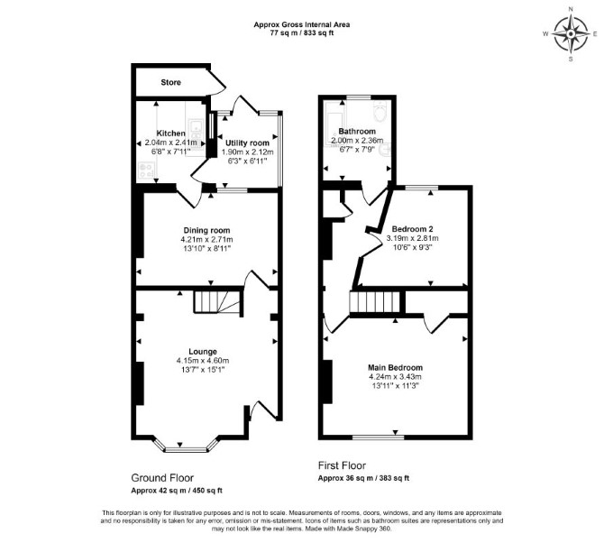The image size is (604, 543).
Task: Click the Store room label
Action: [x=170, y=82]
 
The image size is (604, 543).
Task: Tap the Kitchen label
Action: [x=170, y=133]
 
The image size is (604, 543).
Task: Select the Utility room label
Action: [x=247, y=143]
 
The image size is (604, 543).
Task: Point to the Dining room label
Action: [x=206, y=230]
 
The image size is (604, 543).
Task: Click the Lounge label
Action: [x=203, y=352]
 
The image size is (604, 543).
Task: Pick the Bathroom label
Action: [x=357, y=131]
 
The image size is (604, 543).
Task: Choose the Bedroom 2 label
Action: [x=413, y=229]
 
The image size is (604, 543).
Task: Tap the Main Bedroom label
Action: [x=395, y=367]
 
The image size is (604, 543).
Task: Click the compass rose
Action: [x=571, y=34]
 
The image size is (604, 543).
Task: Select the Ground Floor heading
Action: [x=162, y=478]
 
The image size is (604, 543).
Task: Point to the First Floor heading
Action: [x=342, y=465]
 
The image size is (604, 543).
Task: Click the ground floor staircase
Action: [x=217, y=301]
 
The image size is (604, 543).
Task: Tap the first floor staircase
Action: [x=375, y=303]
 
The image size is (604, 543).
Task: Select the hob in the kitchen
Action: [x=146, y=170]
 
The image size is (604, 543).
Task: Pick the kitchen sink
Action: [x=195, y=126]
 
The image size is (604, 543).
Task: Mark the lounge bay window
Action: [x=186, y=447]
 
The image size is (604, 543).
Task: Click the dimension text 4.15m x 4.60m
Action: [x=203, y=361]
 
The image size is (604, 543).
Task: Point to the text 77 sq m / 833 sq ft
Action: [x=302, y=33]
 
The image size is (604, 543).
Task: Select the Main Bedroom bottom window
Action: [x=379, y=437]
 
